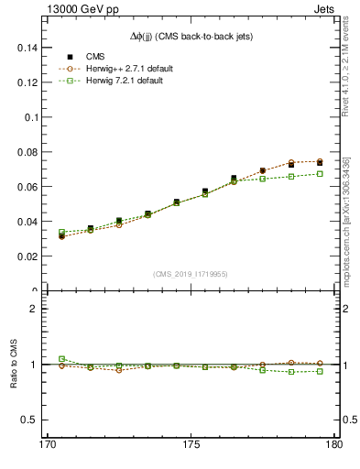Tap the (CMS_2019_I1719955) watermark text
coord(190,274)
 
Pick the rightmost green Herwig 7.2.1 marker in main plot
coord(320,173)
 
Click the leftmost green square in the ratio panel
coord(61,359)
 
